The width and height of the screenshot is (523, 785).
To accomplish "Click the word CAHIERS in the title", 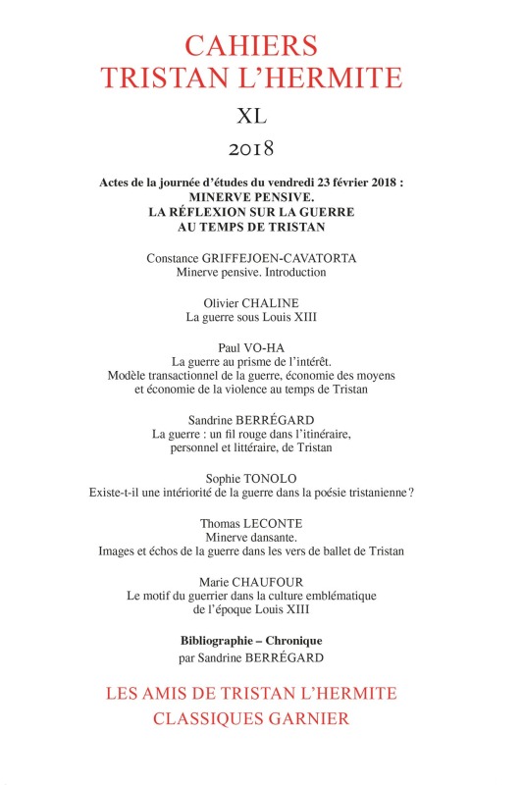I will (x=260, y=45).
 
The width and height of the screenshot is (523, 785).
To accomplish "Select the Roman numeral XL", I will (x=260, y=117).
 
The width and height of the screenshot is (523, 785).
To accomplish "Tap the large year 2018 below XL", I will (x=260, y=150).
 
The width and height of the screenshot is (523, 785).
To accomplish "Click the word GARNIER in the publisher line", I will (x=318, y=717).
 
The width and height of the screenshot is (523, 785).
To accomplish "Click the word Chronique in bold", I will (x=300, y=641).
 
